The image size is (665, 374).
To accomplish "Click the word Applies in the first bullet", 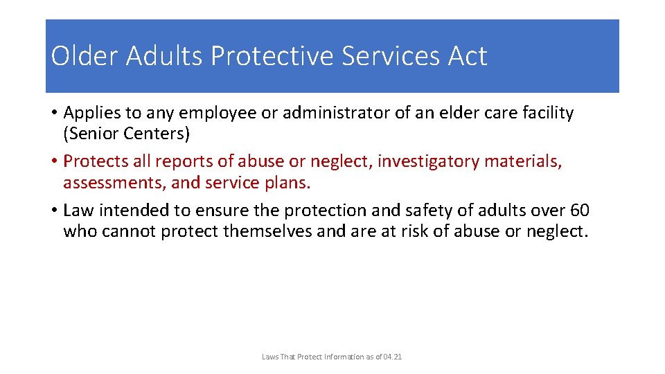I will pos(91,113).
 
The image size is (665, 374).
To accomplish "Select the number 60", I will pos(580,211).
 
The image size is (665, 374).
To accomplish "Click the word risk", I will pos(415,231).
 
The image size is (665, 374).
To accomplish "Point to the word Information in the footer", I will pos(335,357).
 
